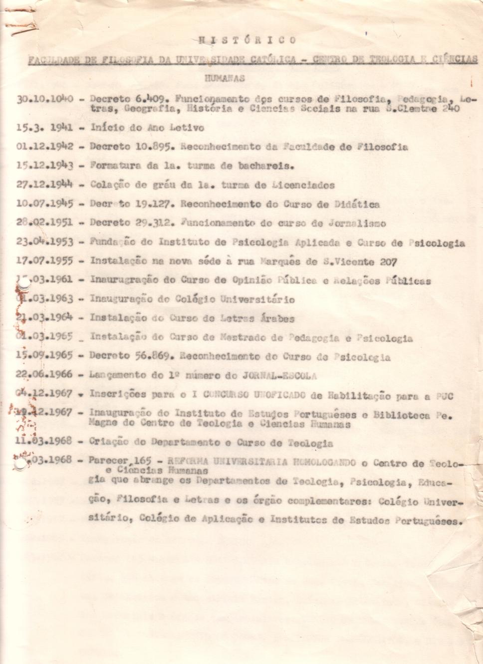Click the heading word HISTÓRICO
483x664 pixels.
pos(247,40)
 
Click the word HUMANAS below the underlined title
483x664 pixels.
pos(225,78)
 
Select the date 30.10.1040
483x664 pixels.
pos(45,98)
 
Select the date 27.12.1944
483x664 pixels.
pos(44,185)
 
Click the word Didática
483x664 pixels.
pos(358,204)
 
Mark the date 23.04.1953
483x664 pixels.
pos(44,242)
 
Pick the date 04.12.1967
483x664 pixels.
pos(44,394)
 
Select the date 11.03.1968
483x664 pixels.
pos(44,441)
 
